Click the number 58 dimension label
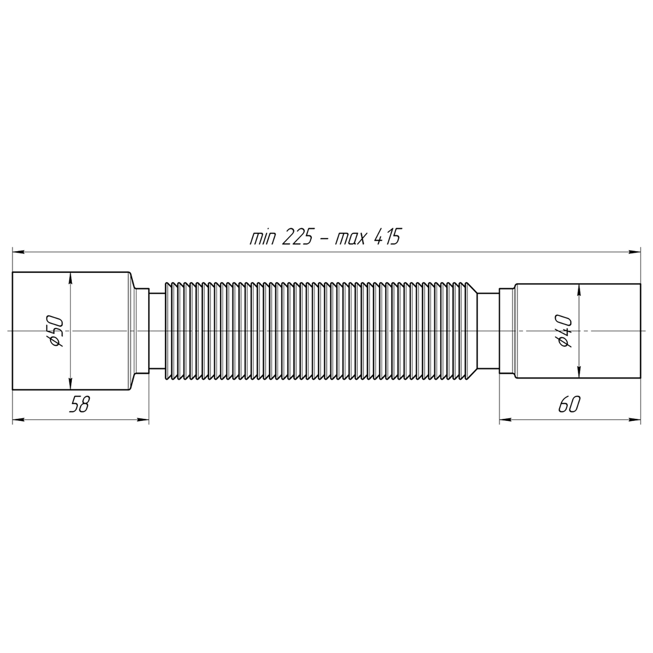pyautogui.click(x=79, y=405)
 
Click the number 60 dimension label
pyautogui.click(x=569, y=405)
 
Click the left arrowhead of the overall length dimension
pyautogui.click(x=18, y=252)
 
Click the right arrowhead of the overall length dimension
pyautogui.click(x=635, y=252)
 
